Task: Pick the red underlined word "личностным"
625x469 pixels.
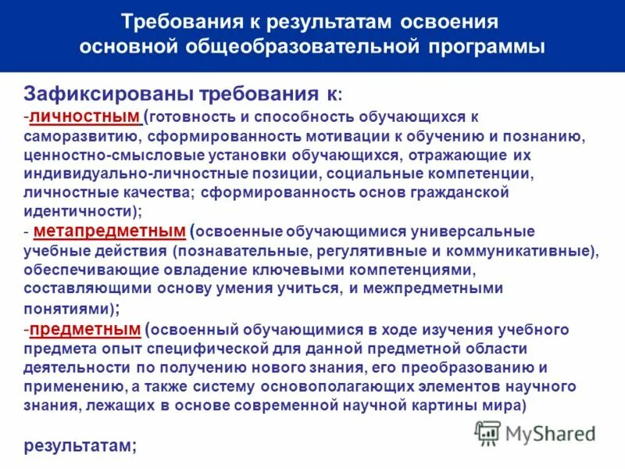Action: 84,116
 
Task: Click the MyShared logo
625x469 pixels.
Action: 535,432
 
